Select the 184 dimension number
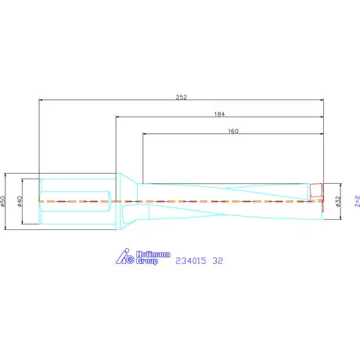pyautogui.click(x=219, y=113)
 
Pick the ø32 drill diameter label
pyautogui.click(x=338, y=201)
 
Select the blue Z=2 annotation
pyautogui.click(x=356, y=201)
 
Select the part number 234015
pyautogui.click(x=191, y=261)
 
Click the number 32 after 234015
pyautogui.click(x=218, y=261)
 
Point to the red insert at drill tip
pyautogui.click(x=316, y=192)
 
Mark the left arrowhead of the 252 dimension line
pyautogui.click(x=41, y=100)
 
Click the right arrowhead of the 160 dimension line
pyautogui.click(x=320, y=135)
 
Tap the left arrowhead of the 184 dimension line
pyautogui.click(x=118, y=118)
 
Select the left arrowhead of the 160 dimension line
pyautogui.click(x=145, y=135)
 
